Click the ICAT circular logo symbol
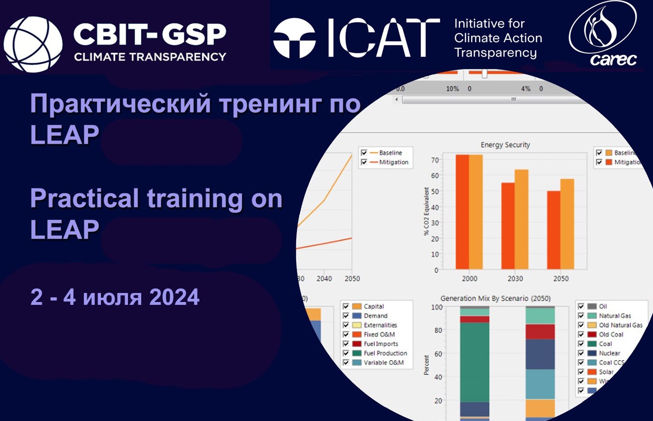point(294,38)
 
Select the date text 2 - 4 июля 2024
point(115,297)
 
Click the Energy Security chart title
point(505,145)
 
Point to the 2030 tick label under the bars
point(515,279)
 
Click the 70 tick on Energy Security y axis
point(435,160)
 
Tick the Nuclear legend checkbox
point(581,353)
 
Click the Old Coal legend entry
point(611,334)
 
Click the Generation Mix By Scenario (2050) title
point(495,299)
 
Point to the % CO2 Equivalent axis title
point(426,211)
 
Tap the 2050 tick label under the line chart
point(352,279)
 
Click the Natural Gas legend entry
point(615,316)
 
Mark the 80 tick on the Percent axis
point(438,330)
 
